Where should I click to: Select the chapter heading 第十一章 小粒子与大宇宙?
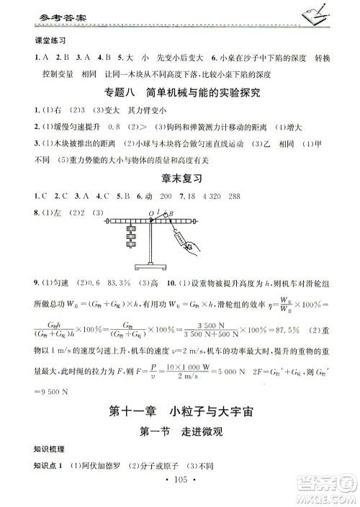179,413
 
